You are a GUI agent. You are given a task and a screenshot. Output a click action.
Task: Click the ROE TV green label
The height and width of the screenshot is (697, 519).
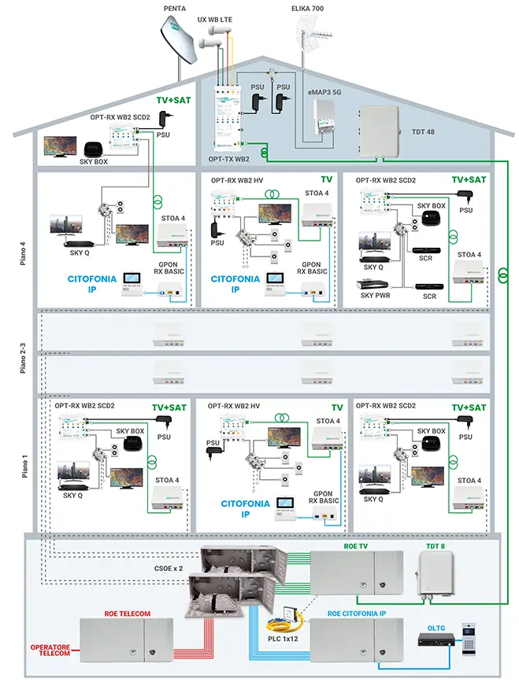356,544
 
